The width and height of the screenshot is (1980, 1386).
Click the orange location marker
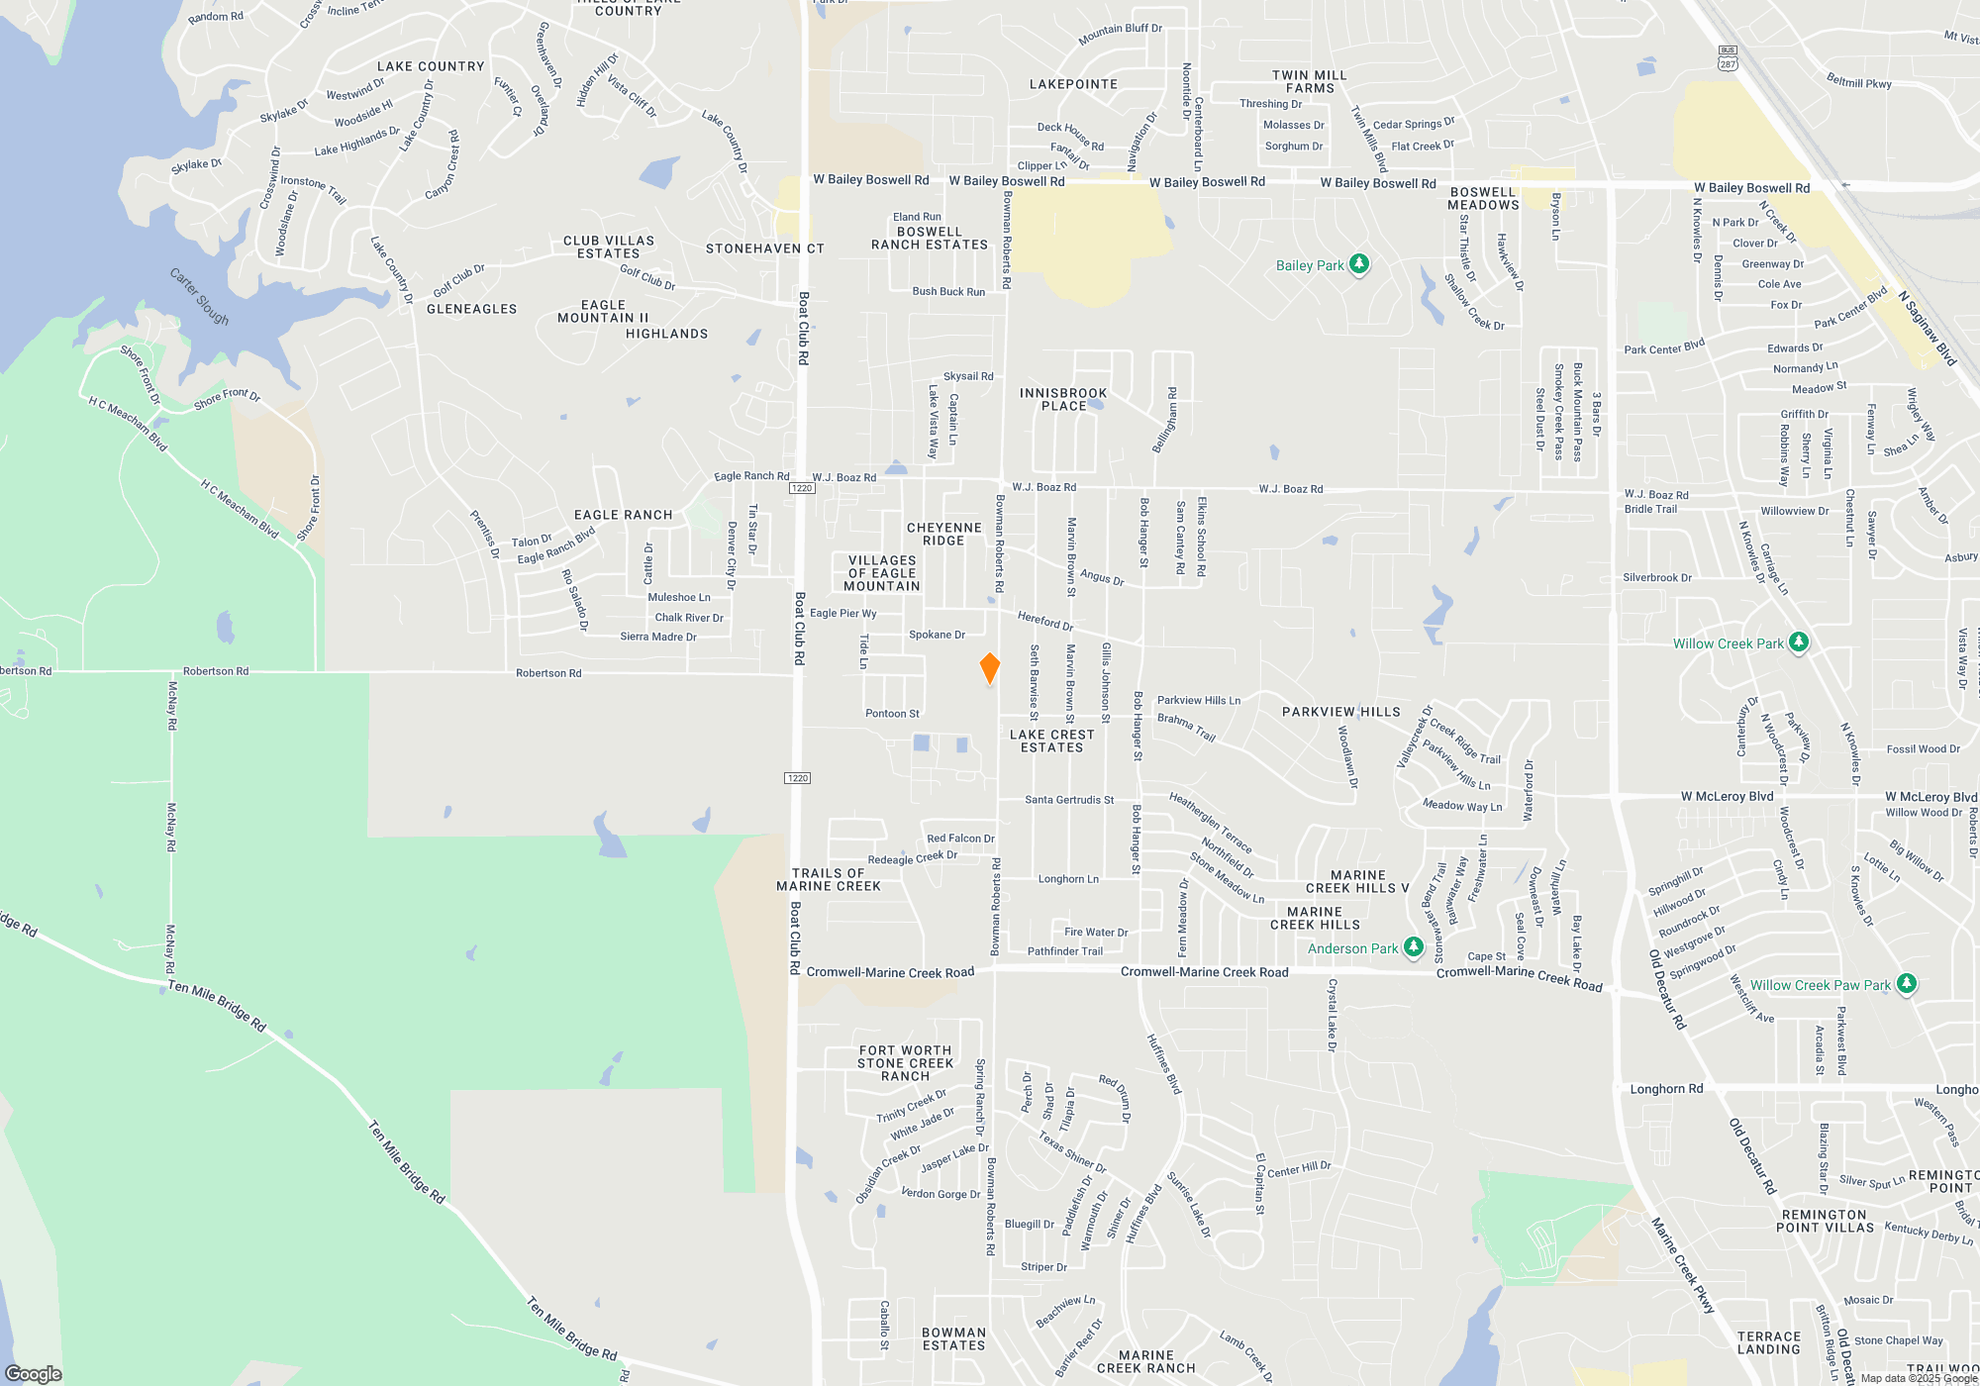coord(989,668)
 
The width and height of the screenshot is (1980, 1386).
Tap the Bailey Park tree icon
coord(1359,264)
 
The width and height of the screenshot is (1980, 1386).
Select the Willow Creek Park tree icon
coord(1799,643)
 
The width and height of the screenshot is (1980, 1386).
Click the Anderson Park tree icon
coord(1414,948)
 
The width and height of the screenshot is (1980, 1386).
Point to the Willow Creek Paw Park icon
coord(1907,984)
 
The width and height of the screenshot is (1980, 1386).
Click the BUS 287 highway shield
coord(1728,57)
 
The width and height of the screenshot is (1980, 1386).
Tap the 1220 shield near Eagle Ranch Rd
coord(802,488)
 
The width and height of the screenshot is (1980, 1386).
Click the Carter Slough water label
coord(199,296)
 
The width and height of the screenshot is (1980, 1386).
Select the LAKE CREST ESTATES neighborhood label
coord(1051,741)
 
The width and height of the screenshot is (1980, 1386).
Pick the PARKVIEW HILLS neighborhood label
coord(1340,712)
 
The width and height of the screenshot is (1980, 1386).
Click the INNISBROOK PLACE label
coord(1063,399)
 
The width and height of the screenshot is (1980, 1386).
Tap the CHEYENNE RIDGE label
coord(943,534)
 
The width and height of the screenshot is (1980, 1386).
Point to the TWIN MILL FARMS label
coord(1309,81)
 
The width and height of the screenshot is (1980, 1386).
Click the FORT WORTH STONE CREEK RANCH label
coord(905,1063)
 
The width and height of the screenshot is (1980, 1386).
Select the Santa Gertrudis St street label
coord(1069,800)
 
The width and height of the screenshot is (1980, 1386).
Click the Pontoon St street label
coord(892,714)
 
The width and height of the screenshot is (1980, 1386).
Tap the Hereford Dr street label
coord(1045,621)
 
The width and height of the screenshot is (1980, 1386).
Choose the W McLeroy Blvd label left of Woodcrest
coord(1727,796)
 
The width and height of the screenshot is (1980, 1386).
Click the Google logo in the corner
coord(34,1373)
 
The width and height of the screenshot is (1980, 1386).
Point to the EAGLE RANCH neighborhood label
coord(623,515)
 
